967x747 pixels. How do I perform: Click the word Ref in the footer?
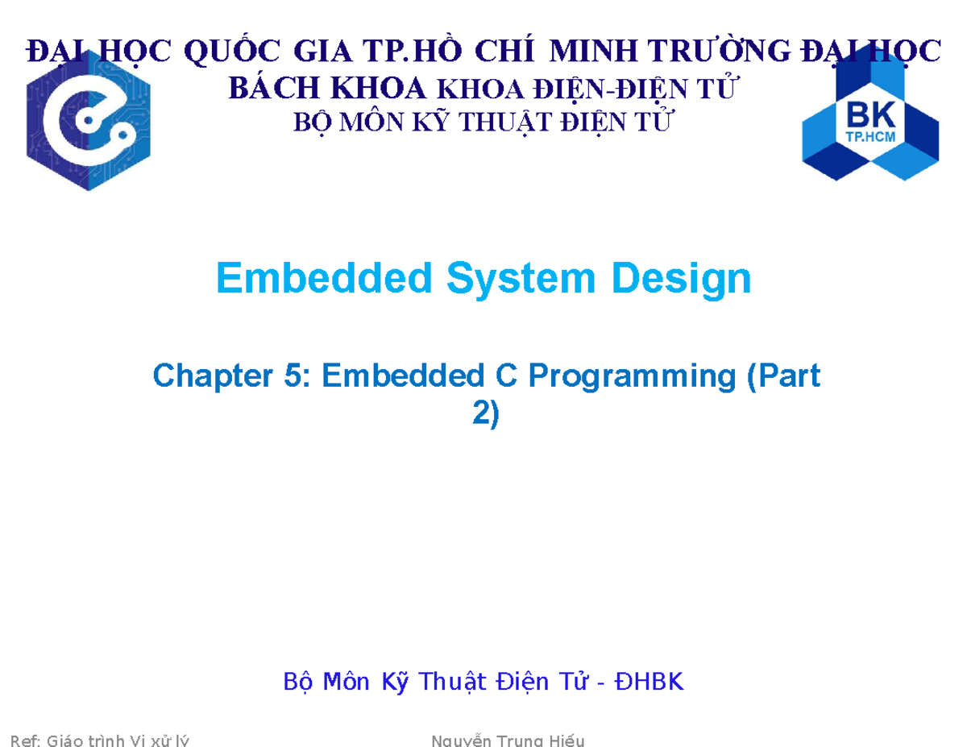tap(22, 741)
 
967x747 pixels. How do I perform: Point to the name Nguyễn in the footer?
tap(463, 741)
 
